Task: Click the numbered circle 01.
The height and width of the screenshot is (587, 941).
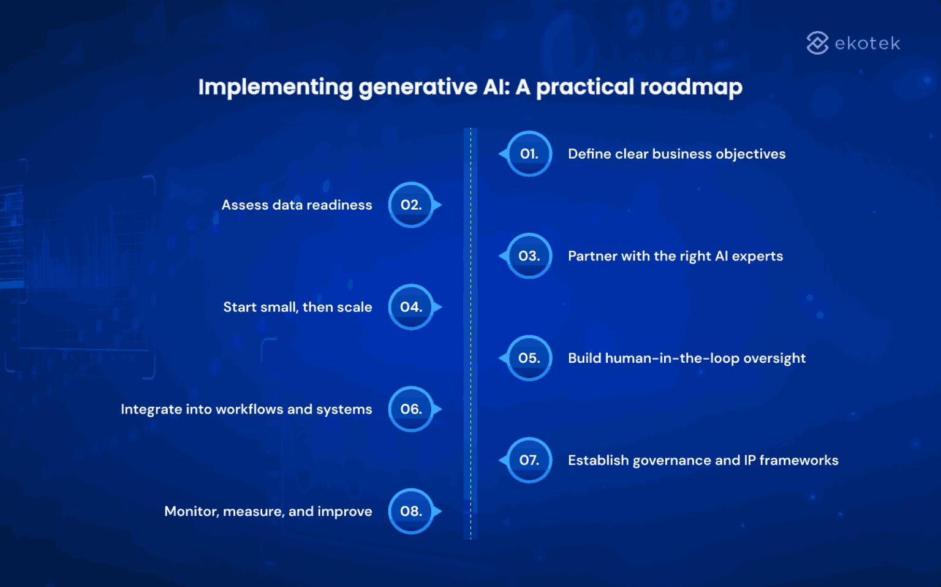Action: click(529, 154)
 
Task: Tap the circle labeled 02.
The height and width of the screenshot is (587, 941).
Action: click(411, 205)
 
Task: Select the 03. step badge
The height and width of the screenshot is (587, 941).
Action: click(529, 256)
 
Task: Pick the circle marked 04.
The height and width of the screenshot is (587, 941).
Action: click(411, 307)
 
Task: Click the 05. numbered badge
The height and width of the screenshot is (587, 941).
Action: click(529, 358)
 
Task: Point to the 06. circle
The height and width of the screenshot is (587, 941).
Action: click(411, 409)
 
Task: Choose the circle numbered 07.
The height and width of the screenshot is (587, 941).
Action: click(529, 460)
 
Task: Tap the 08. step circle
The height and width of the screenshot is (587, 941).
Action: click(411, 512)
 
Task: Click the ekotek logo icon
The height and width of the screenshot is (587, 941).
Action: click(817, 43)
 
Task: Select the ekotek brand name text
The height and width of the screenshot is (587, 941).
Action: click(867, 44)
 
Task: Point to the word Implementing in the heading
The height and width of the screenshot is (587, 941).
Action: click(275, 87)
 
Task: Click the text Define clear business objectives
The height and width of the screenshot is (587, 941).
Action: click(676, 154)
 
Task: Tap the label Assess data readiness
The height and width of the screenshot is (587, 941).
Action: click(297, 205)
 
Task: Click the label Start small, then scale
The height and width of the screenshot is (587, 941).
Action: click(297, 307)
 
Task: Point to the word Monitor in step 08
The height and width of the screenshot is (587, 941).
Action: click(191, 512)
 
